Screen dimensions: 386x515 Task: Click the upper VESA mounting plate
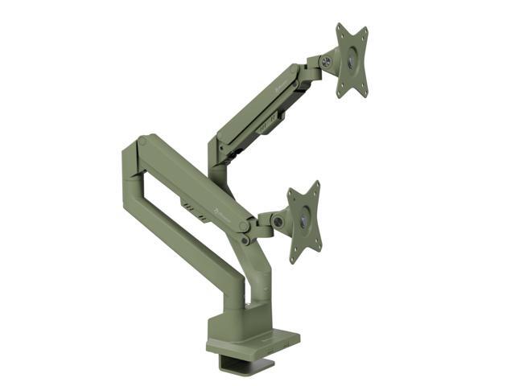coord(352,60)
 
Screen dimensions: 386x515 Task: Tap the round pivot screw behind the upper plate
coord(326,62)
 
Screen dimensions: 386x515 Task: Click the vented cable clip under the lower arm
coord(188,207)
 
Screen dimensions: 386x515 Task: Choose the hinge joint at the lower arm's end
coord(245,239)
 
